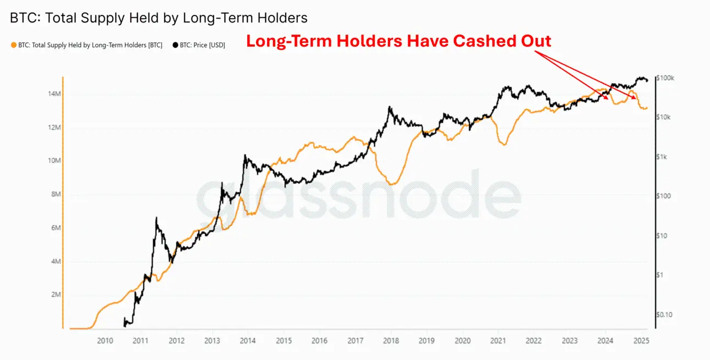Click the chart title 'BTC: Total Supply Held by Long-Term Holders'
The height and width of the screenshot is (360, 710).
[159, 18]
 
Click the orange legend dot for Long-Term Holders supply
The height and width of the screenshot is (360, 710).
[14, 45]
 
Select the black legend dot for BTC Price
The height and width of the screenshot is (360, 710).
[175, 45]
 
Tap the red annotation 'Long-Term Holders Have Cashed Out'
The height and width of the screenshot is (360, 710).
[398, 41]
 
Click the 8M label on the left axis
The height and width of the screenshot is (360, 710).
[54, 195]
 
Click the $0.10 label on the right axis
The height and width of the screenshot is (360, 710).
[664, 314]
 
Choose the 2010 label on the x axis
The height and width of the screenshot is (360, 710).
[105, 341]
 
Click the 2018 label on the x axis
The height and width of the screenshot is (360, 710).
[391, 341]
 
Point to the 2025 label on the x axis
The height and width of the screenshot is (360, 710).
[641, 341]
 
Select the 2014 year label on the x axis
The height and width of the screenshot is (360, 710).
[248, 341]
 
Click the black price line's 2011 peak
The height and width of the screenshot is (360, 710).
[157, 218]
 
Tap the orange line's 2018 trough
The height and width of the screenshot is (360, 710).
[391, 184]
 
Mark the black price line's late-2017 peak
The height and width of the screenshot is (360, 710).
[390, 107]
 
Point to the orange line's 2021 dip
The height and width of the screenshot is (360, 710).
[503, 145]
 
